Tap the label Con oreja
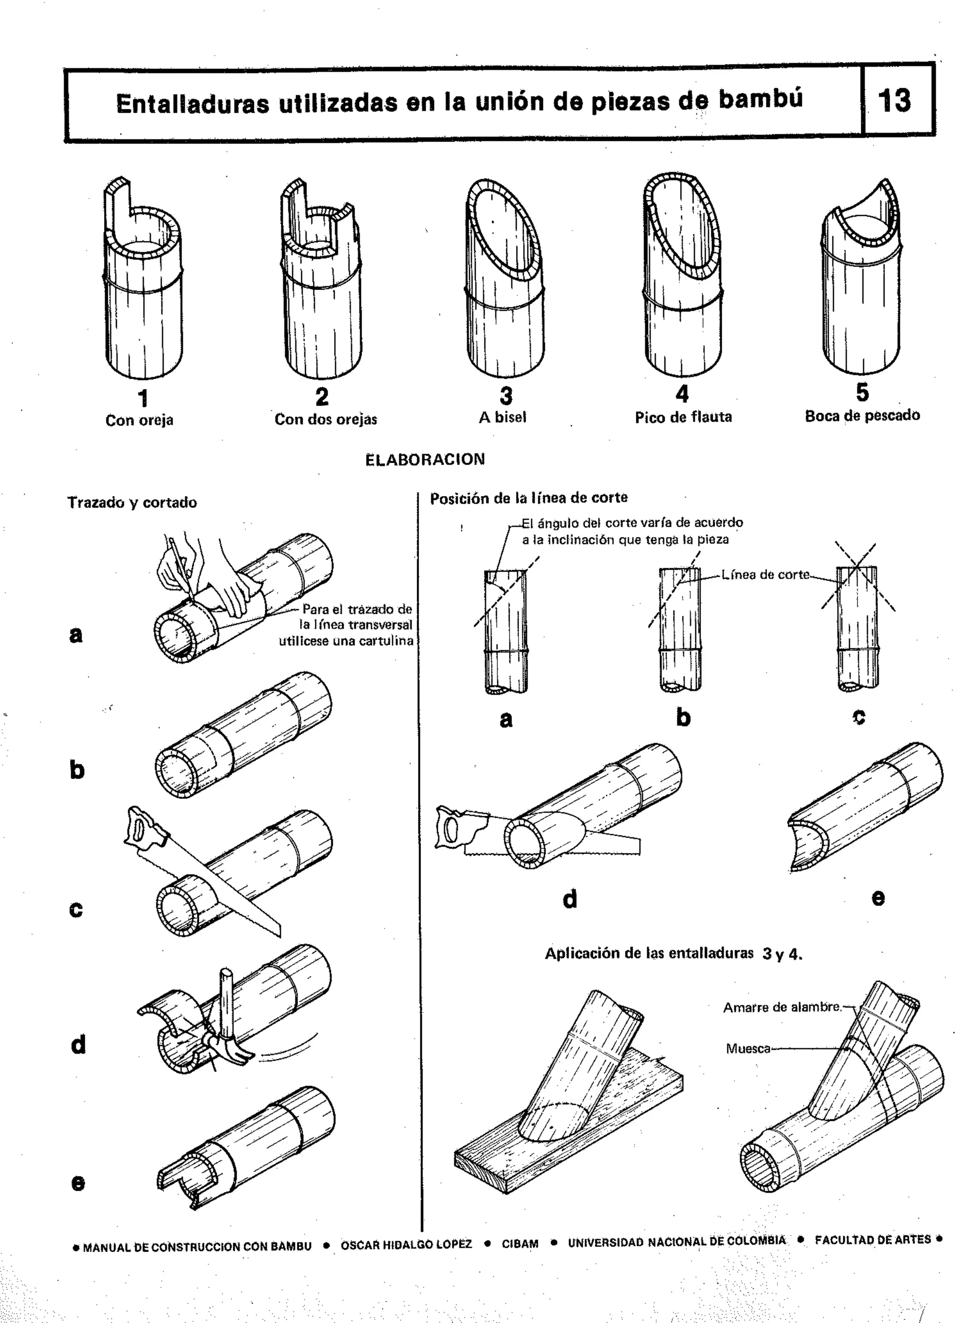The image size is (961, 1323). click(x=139, y=421)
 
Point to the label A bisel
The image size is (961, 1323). click(x=502, y=418)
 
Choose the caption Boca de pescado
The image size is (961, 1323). click(x=862, y=416)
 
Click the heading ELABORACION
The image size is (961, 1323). click(x=425, y=459)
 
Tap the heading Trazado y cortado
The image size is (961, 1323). click(x=132, y=503)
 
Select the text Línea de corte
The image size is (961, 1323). click(x=765, y=574)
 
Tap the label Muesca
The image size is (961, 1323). click(x=747, y=1049)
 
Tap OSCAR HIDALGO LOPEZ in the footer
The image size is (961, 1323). click(x=406, y=1244)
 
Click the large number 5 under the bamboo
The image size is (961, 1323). click(x=862, y=392)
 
